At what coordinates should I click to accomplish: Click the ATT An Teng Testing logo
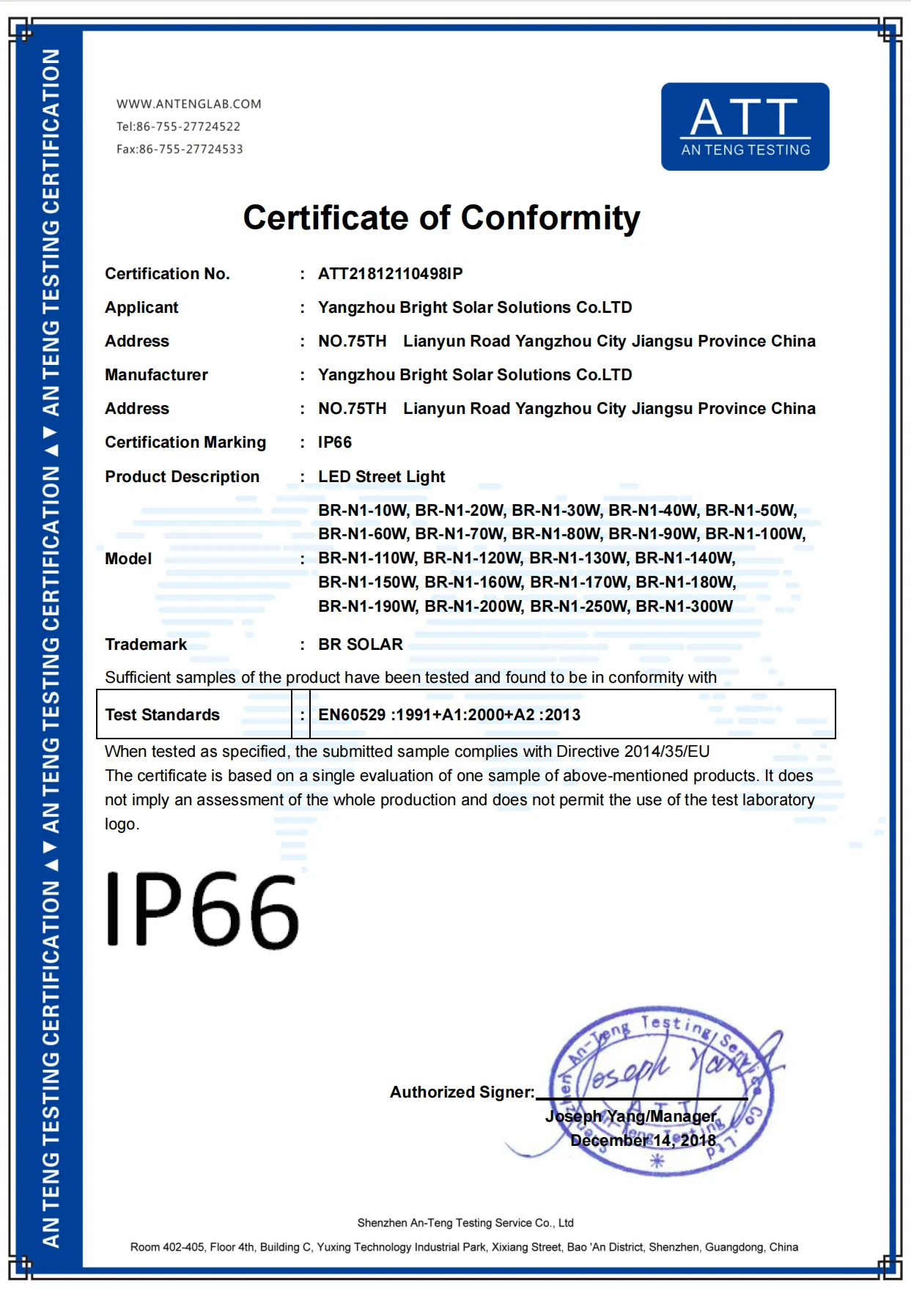(x=745, y=127)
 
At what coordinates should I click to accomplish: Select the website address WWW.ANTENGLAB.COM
(x=188, y=104)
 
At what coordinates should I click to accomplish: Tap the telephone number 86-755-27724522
(x=188, y=127)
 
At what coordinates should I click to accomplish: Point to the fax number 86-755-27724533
(x=191, y=149)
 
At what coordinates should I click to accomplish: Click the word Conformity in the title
(x=550, y=218)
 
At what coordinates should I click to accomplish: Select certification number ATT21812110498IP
(x=390, y=274)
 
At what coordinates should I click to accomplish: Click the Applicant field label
(x=141, y=308)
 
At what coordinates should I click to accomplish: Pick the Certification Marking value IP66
(x=334, y=443)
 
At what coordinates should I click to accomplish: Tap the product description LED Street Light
(x=381, y=477)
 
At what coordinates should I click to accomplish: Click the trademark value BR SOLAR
(x=360, y=645)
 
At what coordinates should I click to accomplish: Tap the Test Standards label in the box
(x=162, y=715)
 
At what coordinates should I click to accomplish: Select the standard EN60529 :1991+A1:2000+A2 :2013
(x=449, y=715)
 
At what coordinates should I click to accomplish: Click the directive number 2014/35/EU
(x=666, y=752)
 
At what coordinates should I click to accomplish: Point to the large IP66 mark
(x=202, y=911)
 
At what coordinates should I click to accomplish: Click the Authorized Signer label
(x=462, y=1092)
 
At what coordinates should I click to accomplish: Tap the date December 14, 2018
(x=643, y=1141)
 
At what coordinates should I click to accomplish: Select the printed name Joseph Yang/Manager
(x=630, y=1117)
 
